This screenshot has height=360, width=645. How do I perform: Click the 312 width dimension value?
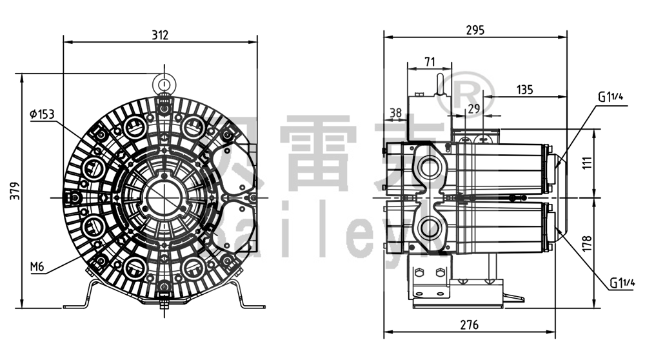click(x=160, y=35)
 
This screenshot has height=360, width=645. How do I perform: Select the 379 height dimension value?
click(x=15, y=191)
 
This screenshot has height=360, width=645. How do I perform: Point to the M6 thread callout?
click(x=38, y=266)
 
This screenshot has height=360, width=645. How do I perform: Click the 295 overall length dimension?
click(x=475, y=30)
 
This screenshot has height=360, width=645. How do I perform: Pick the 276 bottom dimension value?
click(x=469, y=325)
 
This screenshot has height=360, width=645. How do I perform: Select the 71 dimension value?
click(x=430, y=62)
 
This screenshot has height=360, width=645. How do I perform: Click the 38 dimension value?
click(x=396, y=112)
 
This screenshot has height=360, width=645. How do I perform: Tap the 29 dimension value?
click(x=474, y=109)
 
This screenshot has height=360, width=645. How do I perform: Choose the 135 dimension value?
click(x=525, y=90)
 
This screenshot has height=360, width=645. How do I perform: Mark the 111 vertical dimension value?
click(x=604, y=162)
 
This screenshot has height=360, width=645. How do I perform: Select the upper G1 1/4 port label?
click(x=611, y=97)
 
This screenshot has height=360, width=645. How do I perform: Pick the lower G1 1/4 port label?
click(x=622, y=283)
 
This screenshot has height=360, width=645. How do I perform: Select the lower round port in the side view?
click(x=428, y=227)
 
